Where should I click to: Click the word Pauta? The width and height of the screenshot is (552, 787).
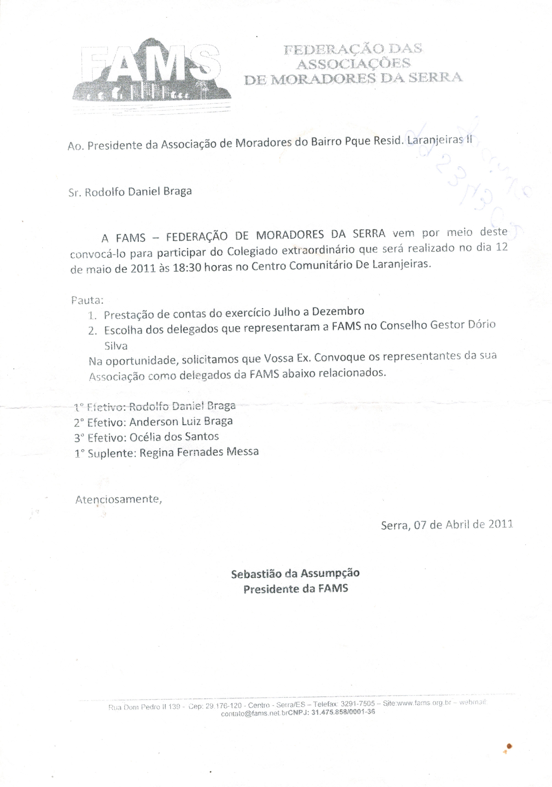click(x=87, y=300)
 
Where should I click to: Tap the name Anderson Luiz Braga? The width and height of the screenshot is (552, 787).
click(x=181, y=421)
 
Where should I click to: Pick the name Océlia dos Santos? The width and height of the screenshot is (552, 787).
click(x=174, y=437)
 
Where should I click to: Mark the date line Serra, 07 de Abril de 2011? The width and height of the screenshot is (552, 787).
click(x=446, y=525)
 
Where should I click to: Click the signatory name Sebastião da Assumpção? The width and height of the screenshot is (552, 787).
click(x=295, y=574)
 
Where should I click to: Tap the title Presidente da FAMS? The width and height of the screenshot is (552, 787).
click(x=296, y=589)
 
